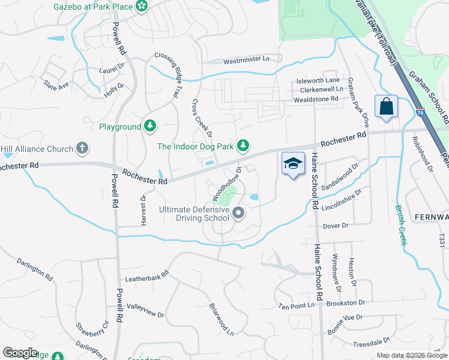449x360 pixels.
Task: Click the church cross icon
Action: (x=83, y=148)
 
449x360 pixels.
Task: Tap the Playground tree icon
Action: (x=150, y=127)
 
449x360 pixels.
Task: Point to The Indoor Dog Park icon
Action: (x=243, y=146)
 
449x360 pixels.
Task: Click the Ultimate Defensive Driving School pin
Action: (x=238, y=213)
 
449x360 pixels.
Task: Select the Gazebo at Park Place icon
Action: (x=142, y=7)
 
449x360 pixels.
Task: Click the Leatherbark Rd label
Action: (x=147, y=279)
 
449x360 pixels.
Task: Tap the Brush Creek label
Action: (x=400, y=225)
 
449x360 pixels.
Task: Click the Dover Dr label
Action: (x=336, y=226)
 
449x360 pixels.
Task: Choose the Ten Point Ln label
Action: (x=297, y=305)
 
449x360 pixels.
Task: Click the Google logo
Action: (x=20, y=353)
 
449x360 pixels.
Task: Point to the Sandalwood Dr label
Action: (x=339, y=178)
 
